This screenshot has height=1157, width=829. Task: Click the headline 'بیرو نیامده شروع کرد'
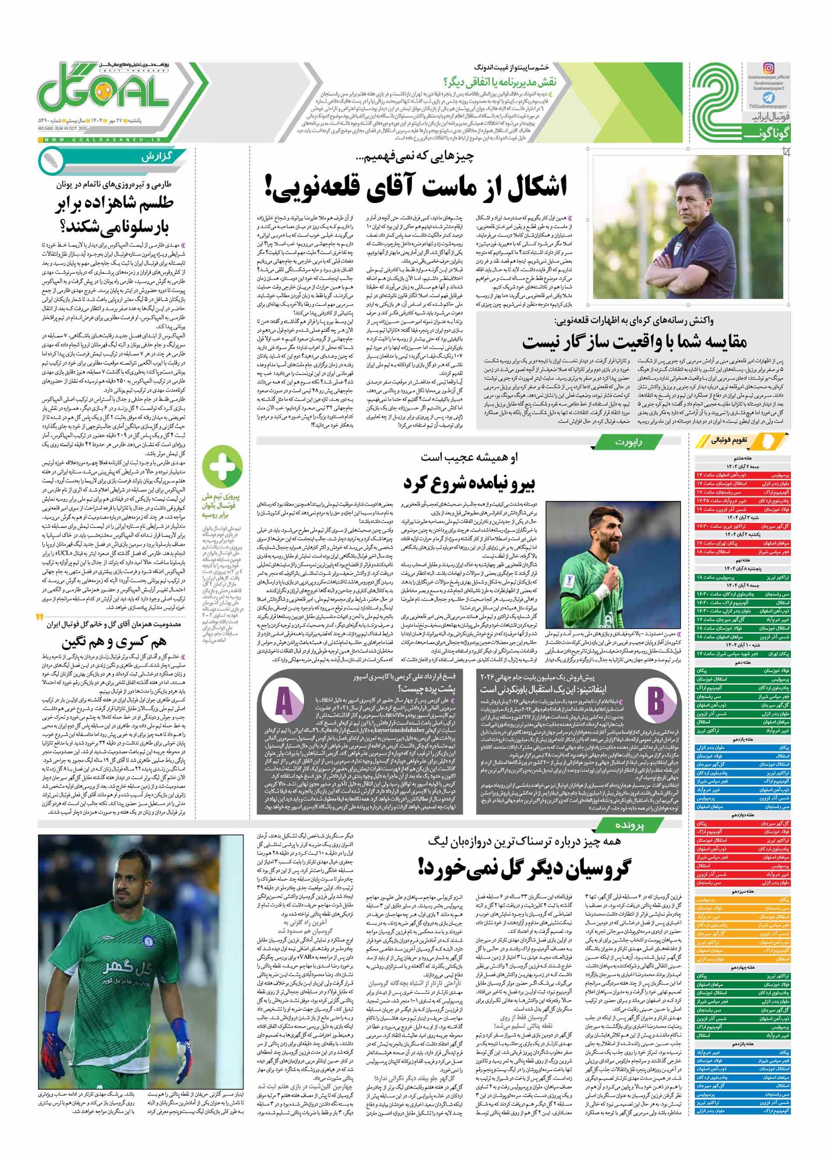click(469, 483)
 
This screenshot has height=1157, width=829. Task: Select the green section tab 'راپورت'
click(628, 442)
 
